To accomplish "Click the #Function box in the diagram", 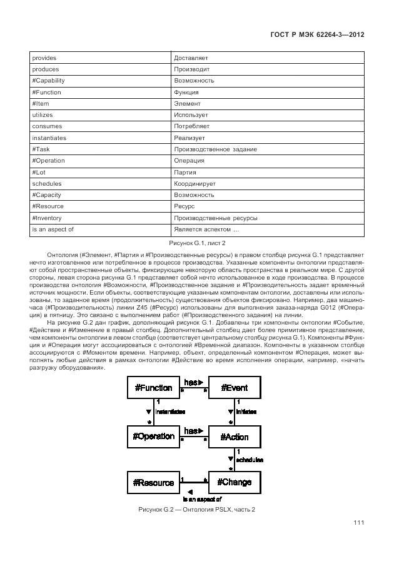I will click(x=153, y=388).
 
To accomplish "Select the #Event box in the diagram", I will click(x=235, y=388).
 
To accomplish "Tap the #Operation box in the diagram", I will click(x=153, y=435).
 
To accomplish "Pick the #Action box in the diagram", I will click(x=235, y=436).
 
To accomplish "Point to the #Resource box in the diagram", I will click(x=153, y=482).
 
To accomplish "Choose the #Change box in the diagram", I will click(x=235, y=482).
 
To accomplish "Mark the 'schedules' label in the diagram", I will click(x=250, y=460).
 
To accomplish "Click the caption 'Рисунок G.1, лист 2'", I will click(x=197, y=242).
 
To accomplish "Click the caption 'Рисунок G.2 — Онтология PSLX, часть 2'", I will click(x=196, y=509).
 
